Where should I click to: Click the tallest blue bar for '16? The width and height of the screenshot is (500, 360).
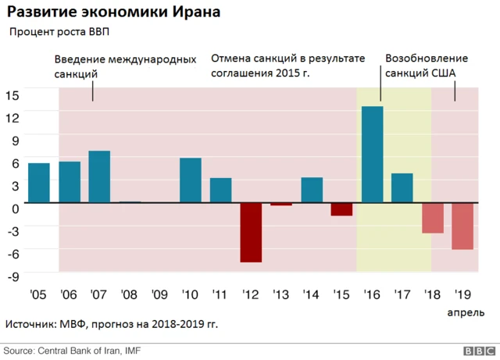pyautogui.click(x=372, y=155)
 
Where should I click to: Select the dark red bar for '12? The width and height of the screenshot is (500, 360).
pyautogui.click(x=251, y=232)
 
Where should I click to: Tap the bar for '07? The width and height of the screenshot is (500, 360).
pyautogui.click(x=99, y=176)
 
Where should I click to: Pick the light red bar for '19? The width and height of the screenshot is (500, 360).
pyautogui.click(x=462, y=226)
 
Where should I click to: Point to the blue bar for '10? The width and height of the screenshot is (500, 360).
pyautogui.click(x=191, y=180)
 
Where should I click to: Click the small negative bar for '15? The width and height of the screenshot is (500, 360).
pyautogui.click(x=341, y=209)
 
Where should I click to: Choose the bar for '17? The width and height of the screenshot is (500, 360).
pyautogui.click(x=402, y=187)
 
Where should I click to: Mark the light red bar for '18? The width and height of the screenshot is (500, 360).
pyautogui.click(x=432, y=218)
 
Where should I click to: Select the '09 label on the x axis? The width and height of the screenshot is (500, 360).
pyautogui.click(x=159, y=296)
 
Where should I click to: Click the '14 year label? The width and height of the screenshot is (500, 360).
pyautogui.click(x=311, y=296)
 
